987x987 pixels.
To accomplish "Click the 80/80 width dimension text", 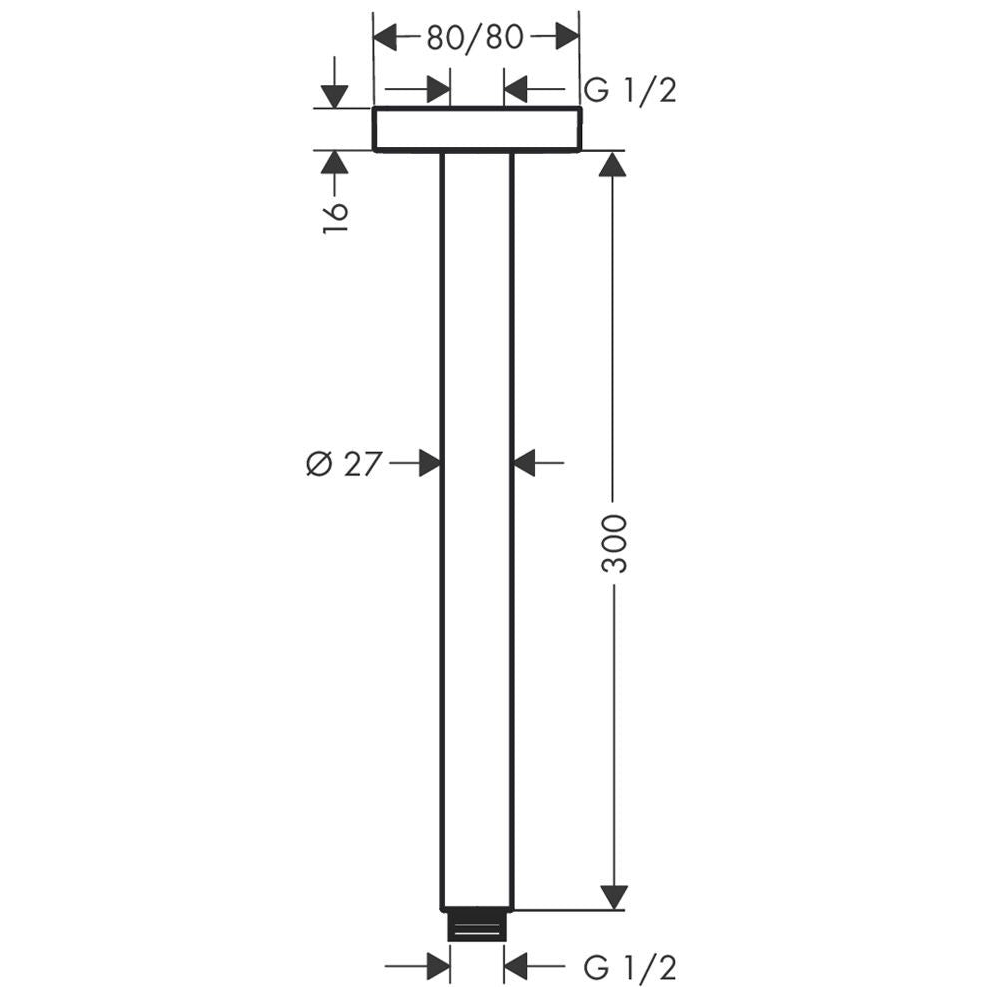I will point(475,38).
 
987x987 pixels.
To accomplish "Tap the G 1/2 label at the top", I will point(630,91).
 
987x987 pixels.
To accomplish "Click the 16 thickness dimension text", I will point(335,216).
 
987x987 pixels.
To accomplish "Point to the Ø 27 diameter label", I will point(344,463).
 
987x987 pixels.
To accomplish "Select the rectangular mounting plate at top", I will point(476,130).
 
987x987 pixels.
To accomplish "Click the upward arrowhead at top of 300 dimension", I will point(614,163).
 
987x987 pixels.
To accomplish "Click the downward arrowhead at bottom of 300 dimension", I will point(614,896).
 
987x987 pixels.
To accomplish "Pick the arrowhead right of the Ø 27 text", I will point(429,463).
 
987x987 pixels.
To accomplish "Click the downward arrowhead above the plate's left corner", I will point(334,95).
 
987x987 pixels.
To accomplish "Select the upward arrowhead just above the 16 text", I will point(334,163).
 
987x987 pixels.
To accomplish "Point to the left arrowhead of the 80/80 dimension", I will point(386,38).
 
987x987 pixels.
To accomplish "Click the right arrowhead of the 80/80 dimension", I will point(566,38).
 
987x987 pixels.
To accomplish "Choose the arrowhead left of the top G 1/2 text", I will point(517,91).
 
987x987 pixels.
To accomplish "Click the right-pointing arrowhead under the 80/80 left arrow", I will point(437,91).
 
